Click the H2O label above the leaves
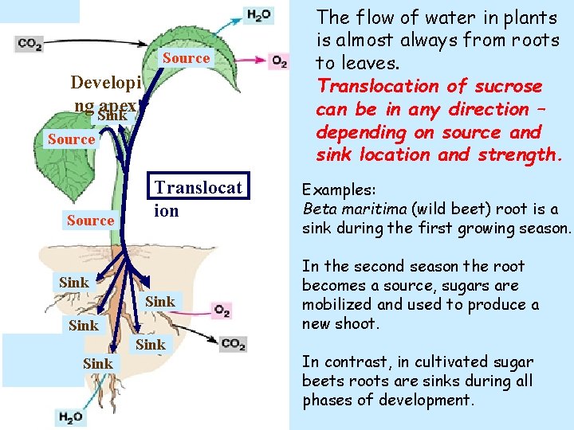(x=260, y=15)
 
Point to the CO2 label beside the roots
(x=233, y=343)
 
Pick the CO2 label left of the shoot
(x=29, y=45)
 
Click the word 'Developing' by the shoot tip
(x=106, y=83)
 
